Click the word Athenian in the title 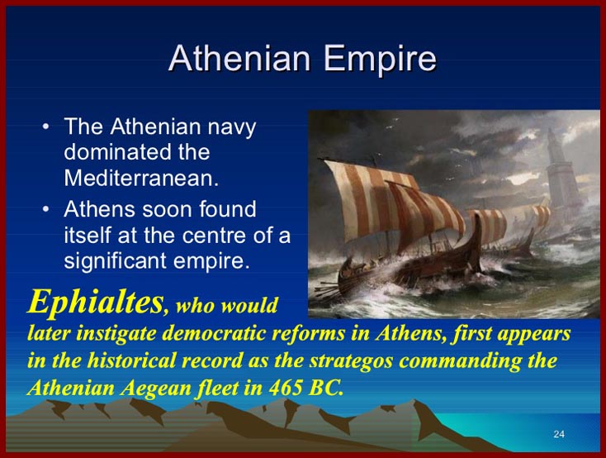(x=239, y=58)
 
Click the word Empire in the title (x=380, y=60)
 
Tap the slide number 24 (x=559, y=434)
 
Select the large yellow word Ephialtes (x=96, y=302)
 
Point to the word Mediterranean (x=141, y=178)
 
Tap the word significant (x=116, y=261)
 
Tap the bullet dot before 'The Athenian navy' (x=46, y=127)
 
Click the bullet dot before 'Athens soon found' (x=46, y=209)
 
